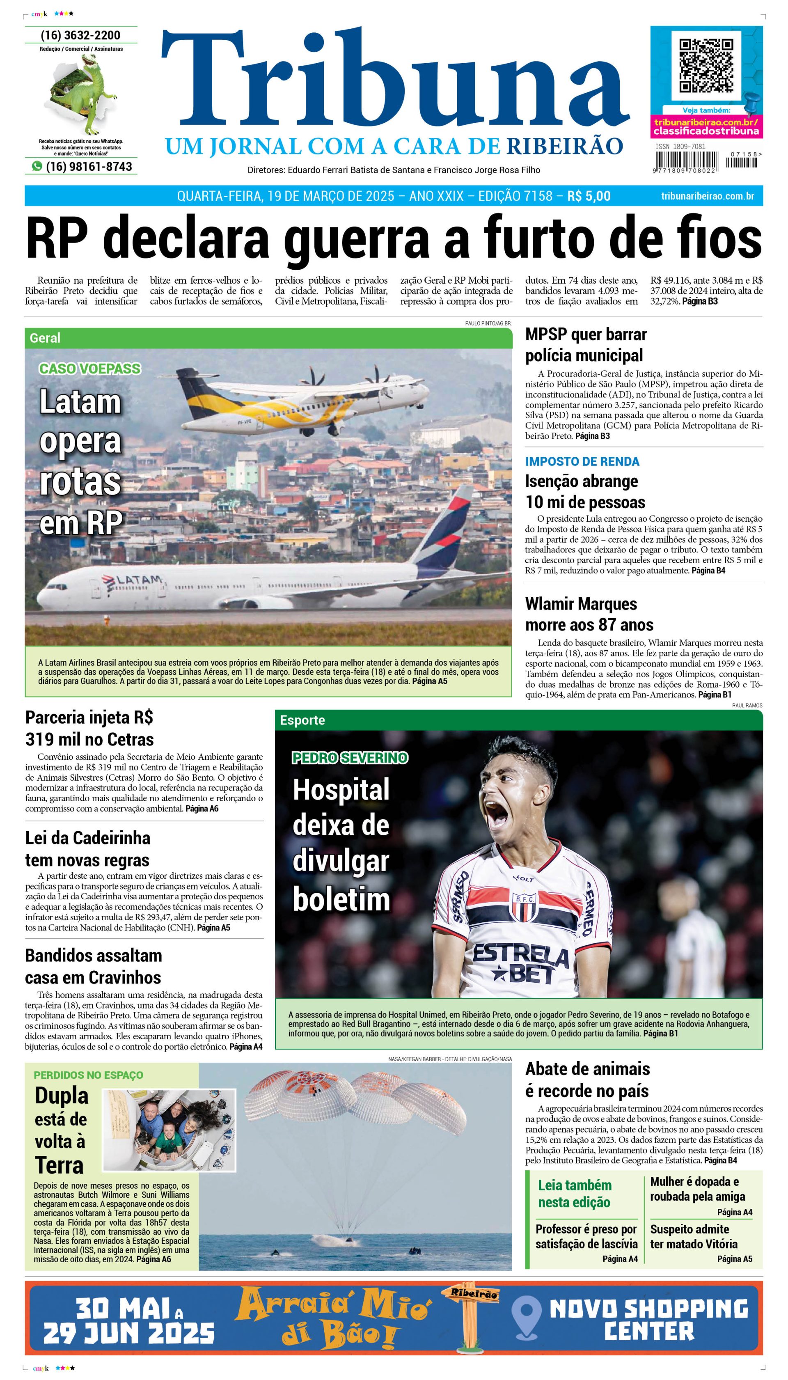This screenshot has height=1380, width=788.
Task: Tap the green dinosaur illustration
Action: pyautogui.click(x=84, y=95)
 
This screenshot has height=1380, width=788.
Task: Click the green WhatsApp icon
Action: pyautogui.click(x=37, y=166)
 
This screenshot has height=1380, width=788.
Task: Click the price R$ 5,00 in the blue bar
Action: pyautogui.click(x=589, y=196)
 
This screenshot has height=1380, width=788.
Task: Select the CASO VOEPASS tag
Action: pyautogui.click(x=90, y=369)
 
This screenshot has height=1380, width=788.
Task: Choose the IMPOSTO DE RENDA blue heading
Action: pyautogui.click(x=582, y=462)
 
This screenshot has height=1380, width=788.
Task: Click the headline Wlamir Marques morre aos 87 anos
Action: pyautogui.click(x=589, y=614)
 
